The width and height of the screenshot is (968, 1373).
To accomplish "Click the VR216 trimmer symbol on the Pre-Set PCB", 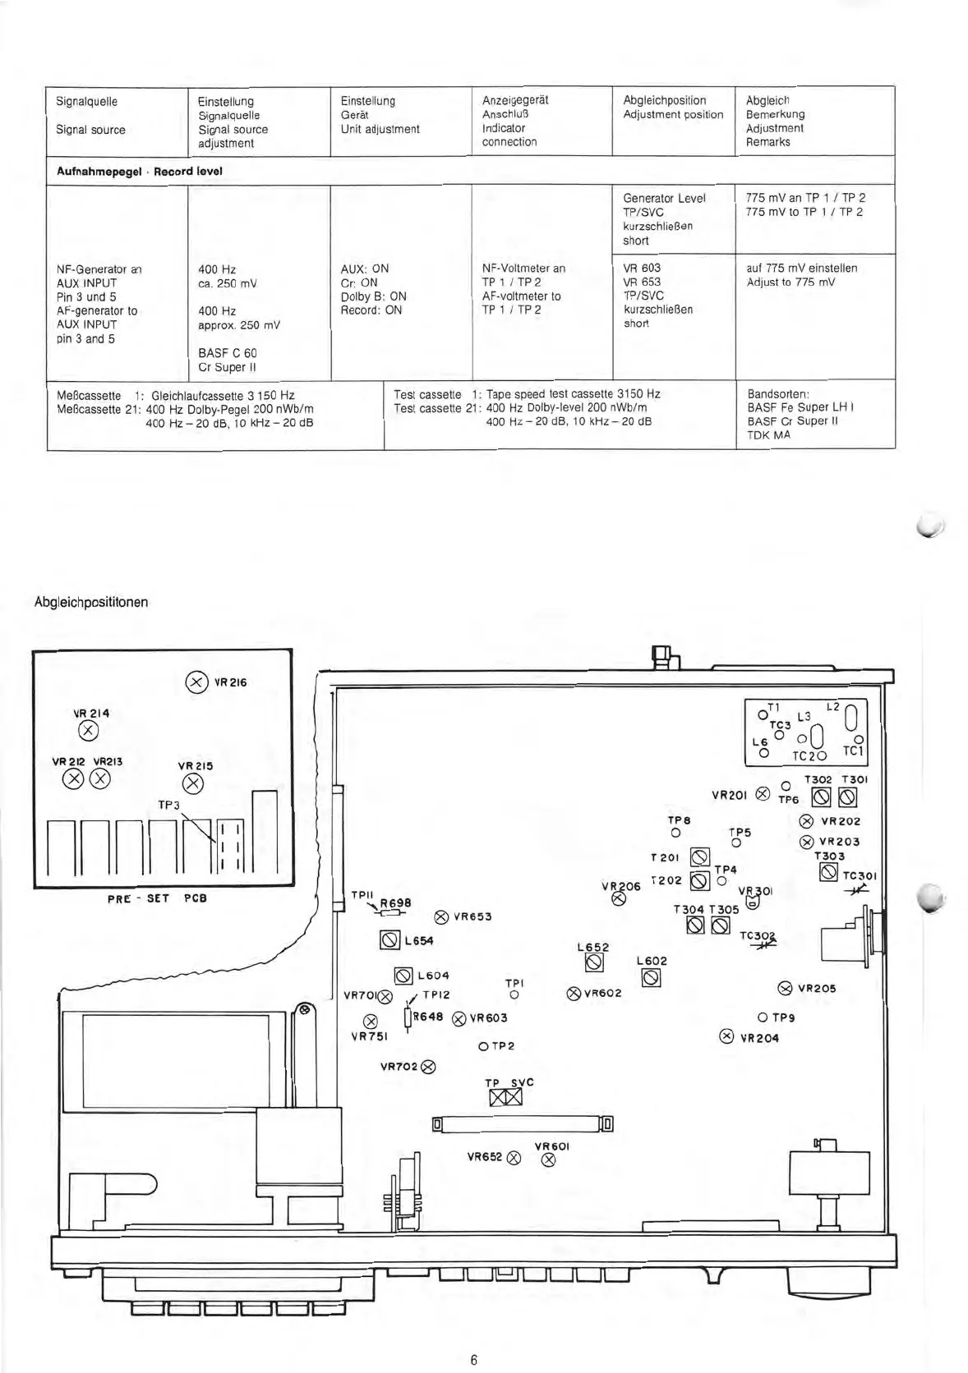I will pyautogui.click(x=196, y=682).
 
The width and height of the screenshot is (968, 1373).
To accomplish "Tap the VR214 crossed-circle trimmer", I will pyautogui.click(x=88, y=732).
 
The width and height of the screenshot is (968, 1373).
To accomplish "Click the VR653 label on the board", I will pyautogui.click(x=472, y=916).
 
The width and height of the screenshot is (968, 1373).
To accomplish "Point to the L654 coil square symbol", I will pyautogui.click(x=390, y=940).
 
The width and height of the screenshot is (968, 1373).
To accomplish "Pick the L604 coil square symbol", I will pyautogui.click(x=403, y=976).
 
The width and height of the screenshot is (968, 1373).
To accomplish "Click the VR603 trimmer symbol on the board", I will pyautogui.click(x=459, y=1018).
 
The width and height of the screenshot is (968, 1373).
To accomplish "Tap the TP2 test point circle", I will pyautogui.click(x=483, y=1046).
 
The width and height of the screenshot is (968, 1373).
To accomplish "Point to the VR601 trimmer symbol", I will pyautogui.click(x=549, y=1160).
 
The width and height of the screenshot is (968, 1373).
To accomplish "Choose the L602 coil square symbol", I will pyautogui.click(x=651, y=977).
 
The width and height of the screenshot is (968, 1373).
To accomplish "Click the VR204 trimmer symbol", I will pyautogui.click(x=726, y=1036).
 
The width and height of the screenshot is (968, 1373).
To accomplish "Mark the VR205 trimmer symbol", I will pyautogui.click(x=784, y=988).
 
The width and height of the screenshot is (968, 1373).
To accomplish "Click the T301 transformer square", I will pyautogui.click(x=848, y=797).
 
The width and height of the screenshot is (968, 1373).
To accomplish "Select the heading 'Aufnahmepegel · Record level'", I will pyautogui.click(x=139, y=172).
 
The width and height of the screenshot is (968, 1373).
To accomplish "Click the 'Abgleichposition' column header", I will pyautogui.click(x=665, y=100).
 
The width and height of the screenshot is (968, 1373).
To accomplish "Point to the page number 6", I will pyautogui.click(x=474, y=1358).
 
